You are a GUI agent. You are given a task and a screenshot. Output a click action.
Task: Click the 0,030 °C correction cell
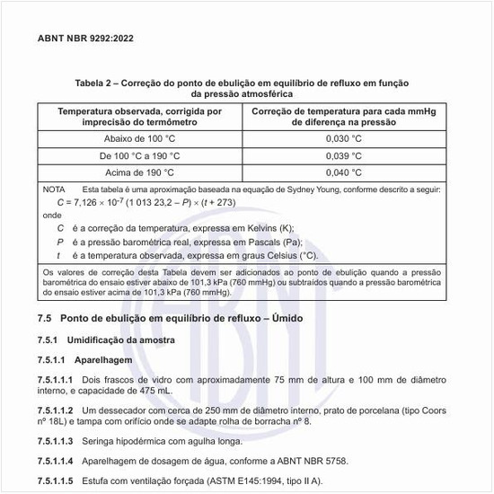343,138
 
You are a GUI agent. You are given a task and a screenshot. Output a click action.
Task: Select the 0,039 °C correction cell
343,154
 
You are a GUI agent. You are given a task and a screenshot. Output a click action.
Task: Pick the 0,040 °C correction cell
343,171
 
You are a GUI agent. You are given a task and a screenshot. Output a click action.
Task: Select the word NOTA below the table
54,190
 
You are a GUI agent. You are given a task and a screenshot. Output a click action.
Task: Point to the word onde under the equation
52,216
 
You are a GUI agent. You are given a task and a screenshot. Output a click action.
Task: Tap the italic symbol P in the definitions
59,242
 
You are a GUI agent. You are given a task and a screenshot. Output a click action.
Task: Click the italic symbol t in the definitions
58,255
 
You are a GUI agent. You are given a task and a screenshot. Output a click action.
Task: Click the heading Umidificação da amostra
125,340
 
